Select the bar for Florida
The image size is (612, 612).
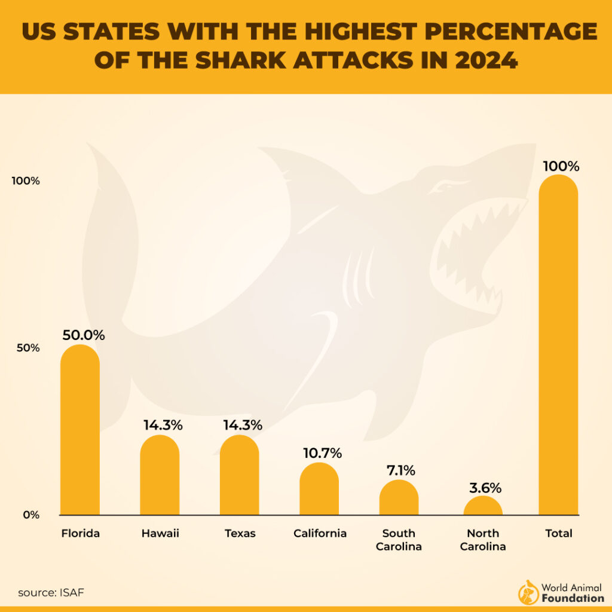click(x=80, y=430)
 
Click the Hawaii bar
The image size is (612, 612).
click(x=160, y=475)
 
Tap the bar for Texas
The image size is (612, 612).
click(x=239, y=475)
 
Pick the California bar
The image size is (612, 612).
click(x=319, y=489)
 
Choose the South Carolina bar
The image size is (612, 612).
click(x=399, y=498)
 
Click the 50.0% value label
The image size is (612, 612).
click(x=84, y=335)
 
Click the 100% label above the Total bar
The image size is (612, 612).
click(x=561, y=166)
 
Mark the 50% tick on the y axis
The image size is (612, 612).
click(x=27, y=348)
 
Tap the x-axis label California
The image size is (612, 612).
click(x=320, y=534)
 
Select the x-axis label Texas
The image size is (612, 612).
click(x=240, y=534)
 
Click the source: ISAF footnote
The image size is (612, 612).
click(x=51, y=593)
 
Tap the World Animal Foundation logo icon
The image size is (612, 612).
click(x=528, y=592)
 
